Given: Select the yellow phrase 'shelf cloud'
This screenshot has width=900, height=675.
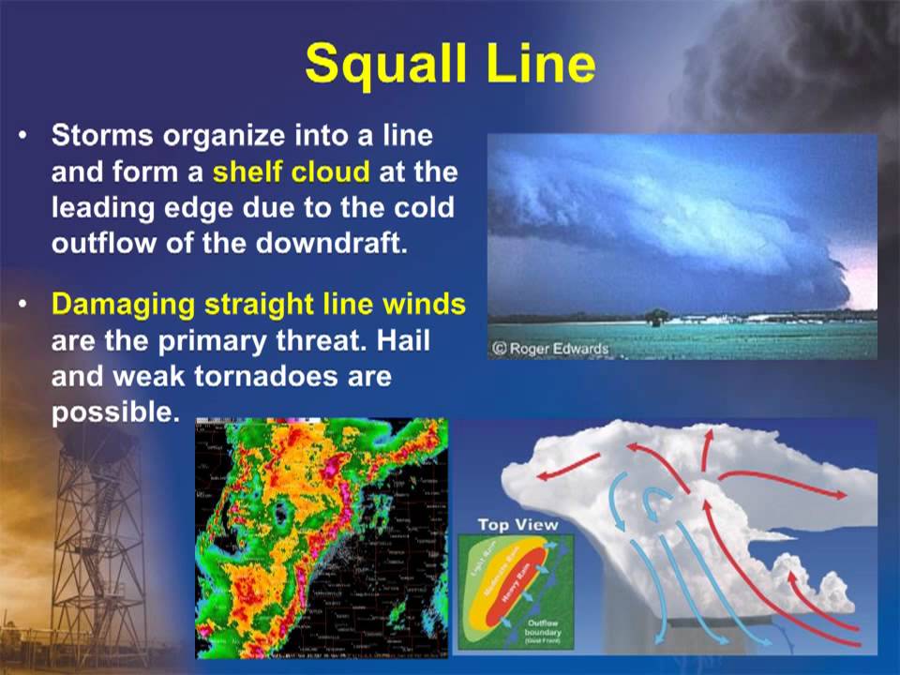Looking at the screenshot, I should [291, 172].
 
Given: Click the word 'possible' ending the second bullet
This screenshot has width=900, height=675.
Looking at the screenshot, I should [113, 412].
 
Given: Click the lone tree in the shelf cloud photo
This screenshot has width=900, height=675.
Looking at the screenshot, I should [657, 317].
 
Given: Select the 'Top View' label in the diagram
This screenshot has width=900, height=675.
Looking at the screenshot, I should [517, 525].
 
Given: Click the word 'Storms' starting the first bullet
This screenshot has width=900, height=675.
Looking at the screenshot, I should [103, 136].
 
